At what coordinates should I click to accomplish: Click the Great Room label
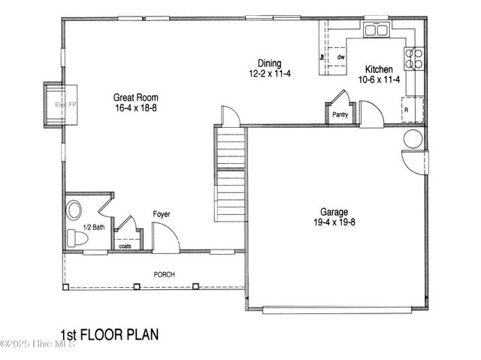coord(135,97)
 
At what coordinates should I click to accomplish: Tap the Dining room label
coord(269,64)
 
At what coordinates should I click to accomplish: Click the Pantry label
coord(340,115)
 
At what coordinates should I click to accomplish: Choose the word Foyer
coord(162,214)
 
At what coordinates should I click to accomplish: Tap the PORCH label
coord(164,274)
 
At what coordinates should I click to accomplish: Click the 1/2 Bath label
coord(93,226)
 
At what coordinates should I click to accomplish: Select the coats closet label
coord(125,245)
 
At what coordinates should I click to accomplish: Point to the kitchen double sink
coord(375,31)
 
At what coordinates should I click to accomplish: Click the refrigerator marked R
coord(410,110)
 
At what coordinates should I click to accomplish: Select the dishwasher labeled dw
coord(340,57)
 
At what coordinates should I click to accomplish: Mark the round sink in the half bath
coord(74,208)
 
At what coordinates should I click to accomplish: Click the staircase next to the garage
coord(231,175)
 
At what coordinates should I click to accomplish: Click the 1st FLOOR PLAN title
coord(109,334)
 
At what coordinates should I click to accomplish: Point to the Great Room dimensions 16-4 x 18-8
coord(135,107)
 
